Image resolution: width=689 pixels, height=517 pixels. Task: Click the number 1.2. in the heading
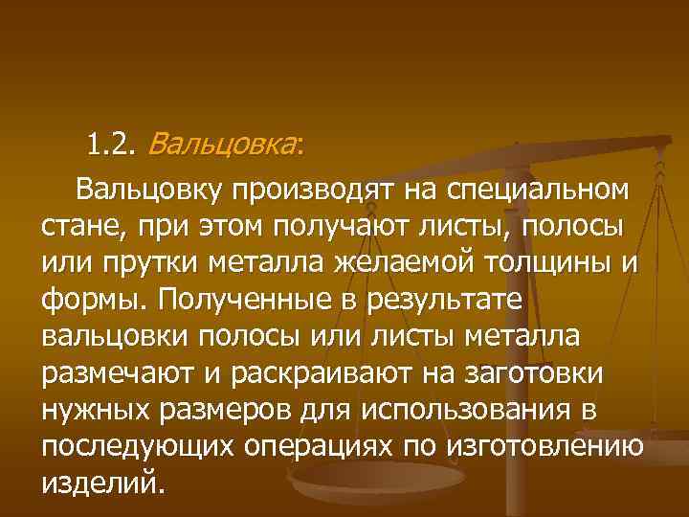point(113,146)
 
